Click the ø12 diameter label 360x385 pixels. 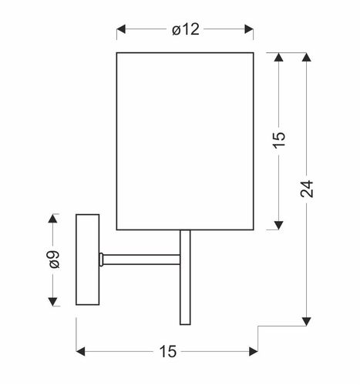click(x=186, y=29)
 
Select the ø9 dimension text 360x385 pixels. click(x=55, y=259)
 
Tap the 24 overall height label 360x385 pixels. click(x=307, y=189)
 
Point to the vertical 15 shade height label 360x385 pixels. click(x=279, y=140)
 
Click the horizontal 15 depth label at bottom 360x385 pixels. click(x=168, y=351)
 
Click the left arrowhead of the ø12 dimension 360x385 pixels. click(x=121, y=29)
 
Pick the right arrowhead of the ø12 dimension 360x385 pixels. click(x=249, y=29)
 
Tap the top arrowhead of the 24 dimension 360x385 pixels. click(x=306, y=57)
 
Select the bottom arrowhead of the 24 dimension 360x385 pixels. click(x=306, y=321)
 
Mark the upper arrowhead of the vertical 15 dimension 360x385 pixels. click(x=278, y=57)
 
